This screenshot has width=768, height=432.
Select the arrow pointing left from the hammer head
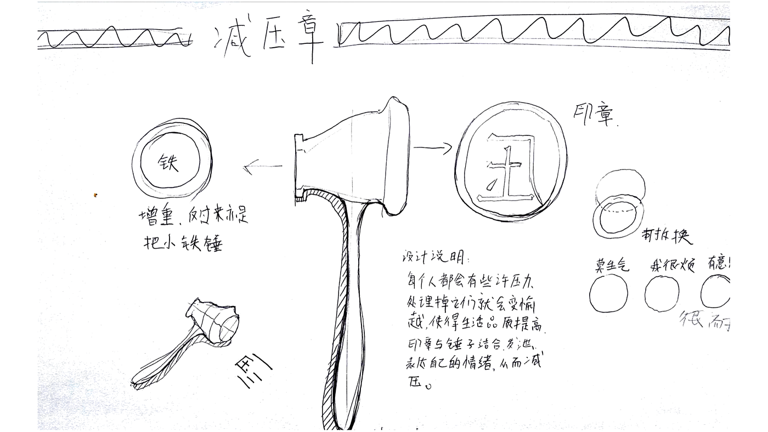(262, 167)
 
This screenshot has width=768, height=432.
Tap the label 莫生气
(612, 265)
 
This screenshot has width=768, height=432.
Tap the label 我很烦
(672, 265)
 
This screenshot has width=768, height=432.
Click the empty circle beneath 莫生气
(609, 293)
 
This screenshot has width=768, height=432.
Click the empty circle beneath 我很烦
(662, 294)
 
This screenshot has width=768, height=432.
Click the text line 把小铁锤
(183, 242)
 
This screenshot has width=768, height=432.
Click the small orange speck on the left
(95, 195)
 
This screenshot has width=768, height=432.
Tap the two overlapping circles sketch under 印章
(619, 204)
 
